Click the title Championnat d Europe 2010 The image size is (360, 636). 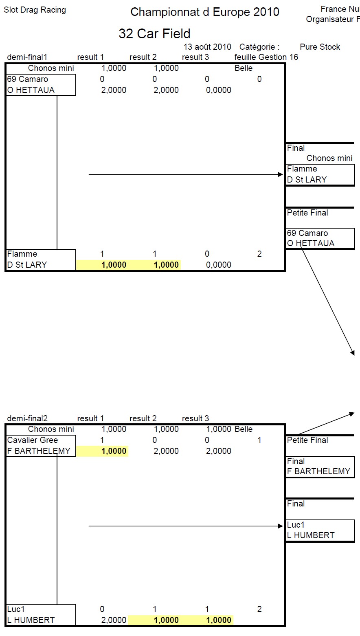click(205, 12)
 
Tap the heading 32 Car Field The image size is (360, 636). click(154, 33)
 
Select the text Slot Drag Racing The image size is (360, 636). click(35, 10)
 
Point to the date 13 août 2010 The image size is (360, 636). click(207, 47)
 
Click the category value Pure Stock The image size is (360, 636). click(320, 47)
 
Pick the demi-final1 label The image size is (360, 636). click(27, 57)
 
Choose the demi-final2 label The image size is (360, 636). click(27, 418)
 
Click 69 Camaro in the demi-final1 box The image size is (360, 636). click(27, 79)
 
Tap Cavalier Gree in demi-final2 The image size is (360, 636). click(33, 440)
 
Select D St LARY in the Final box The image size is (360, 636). click(307, 180)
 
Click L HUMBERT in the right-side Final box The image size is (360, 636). click(311, 535)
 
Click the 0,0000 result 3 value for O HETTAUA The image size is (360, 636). click(219, 90)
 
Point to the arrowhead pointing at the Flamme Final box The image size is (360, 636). click(280, 174)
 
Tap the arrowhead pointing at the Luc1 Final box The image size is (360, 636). click(280, 526)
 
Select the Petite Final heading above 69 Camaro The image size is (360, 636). click(307, 213)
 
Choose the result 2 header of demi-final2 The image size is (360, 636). click(143, 418)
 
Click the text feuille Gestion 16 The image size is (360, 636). click(266, 57)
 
